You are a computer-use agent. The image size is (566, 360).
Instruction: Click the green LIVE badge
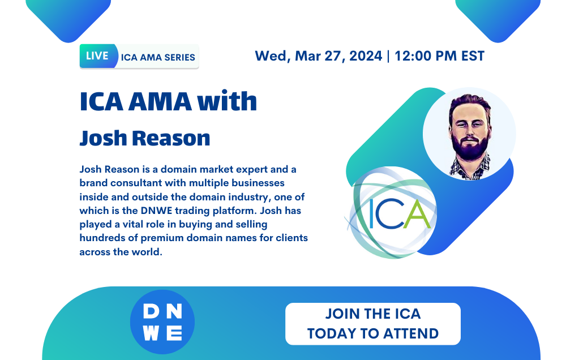(97, 56)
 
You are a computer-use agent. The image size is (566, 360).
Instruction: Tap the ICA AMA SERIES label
(158, 57)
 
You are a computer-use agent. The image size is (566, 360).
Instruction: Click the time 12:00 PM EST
(440, 56)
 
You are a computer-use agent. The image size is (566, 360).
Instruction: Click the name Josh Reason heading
(145, 138)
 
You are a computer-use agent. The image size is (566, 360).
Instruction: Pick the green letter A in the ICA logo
(417, 215)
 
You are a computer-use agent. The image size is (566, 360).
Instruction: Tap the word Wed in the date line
(269, 56)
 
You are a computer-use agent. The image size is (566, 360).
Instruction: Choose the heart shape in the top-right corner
(498, 17)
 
